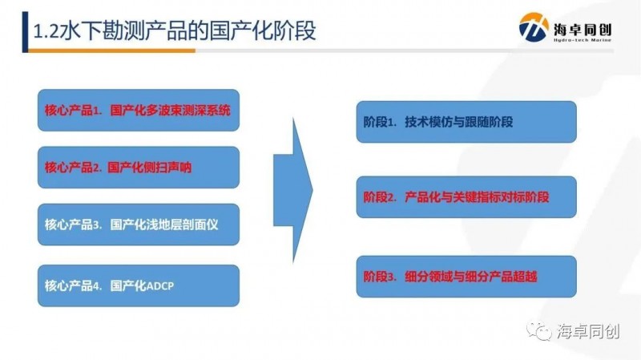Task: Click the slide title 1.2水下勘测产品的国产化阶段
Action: point(174,31)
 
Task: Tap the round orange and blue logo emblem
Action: point(533,27)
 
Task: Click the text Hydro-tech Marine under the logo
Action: point(583,39)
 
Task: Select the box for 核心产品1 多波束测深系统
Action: point(139,111)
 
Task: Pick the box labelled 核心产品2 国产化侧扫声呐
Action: point(139,168)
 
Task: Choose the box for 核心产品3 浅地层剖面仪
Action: point(139,224)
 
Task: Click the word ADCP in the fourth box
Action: point(159,285)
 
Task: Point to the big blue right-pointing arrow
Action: point(293,190)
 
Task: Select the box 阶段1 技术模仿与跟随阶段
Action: point(466,122)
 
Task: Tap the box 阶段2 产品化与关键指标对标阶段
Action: point(466,197)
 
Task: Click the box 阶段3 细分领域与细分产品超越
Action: point(466,277)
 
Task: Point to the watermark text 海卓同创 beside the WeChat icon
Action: point(588,331)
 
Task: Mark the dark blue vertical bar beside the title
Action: point(25,32)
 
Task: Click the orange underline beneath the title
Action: point(111,51)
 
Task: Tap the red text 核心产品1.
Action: point(73,111)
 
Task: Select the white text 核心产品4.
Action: point(73,285)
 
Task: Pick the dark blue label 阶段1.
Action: point(380,122)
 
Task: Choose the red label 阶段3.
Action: point(380,277)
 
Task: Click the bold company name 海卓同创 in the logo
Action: point(583,29)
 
